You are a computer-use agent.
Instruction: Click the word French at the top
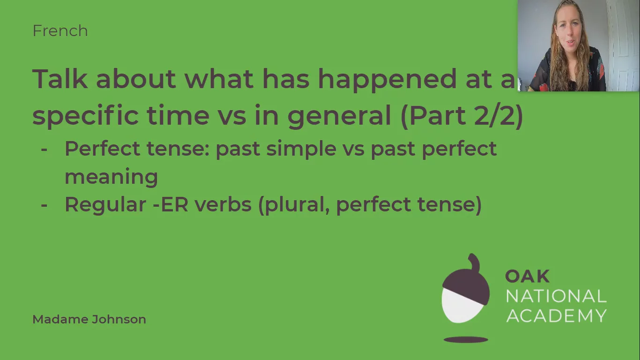coord(60,31)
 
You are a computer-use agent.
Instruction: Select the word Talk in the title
coord(60,79)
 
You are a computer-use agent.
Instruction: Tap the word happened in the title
coord(387,79)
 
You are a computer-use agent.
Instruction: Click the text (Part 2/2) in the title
coord(461,115)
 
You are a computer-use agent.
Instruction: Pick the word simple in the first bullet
coord(301,149)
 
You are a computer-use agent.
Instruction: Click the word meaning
coord(111,177)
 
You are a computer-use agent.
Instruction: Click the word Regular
coord(105,205)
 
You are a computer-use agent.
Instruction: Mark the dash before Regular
coord(44,205)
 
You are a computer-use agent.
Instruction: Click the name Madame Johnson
coord(89,319)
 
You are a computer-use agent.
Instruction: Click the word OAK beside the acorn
coord(527,277)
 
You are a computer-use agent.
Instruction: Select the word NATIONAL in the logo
coord(556,296)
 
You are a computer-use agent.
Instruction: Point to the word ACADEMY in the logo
coord(556,315)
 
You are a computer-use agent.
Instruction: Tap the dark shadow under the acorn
coord(466,340)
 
